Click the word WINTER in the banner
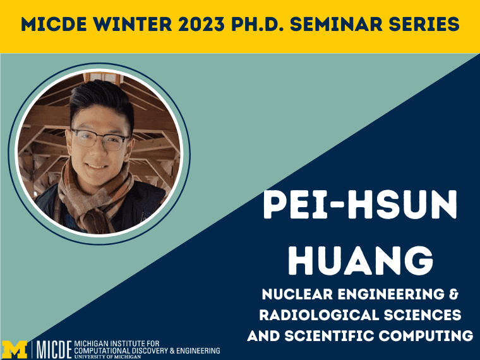coord(133,24)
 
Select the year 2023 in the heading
coord(202,24)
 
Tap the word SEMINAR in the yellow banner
coord(336,24)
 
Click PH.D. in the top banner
coord(258,24)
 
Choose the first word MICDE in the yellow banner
coord(54,24)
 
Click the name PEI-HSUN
coord(360,204)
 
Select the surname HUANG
coord(361,260)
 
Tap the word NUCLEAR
coord(297,294)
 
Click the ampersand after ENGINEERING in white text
coord(454,294)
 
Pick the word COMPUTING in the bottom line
coord(426,336)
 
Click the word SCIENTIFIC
coord(329,336)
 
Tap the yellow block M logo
coord(15,350)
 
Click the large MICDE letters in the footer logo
coord(54,349)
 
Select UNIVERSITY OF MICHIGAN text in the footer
coord(108,357)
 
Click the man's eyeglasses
coord(100,140)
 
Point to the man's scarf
coord(92,199)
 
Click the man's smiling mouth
coord(96,167)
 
